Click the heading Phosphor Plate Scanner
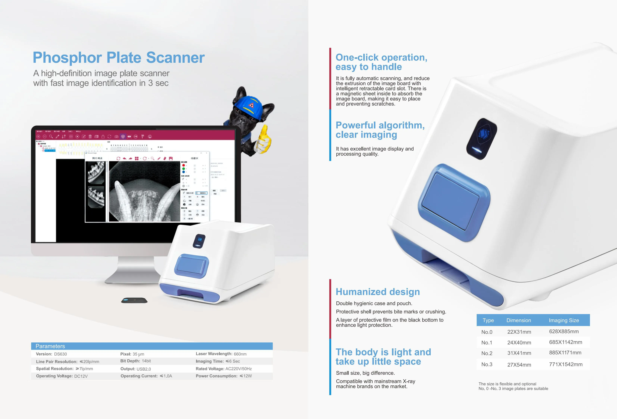(x=119, y=58)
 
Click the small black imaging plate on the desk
(x=134, y=300)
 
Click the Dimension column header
(x=518, y=320)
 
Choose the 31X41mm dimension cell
(x=519, y=353)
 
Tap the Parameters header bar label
(x=50, y=346)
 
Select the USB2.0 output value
(x=144, y=369)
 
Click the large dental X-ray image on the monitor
(x=144, y=191)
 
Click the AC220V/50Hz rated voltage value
(x=238, y=369)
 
